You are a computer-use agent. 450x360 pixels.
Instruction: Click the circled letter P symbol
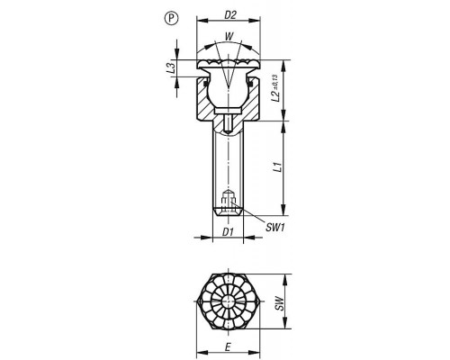pos(171,19)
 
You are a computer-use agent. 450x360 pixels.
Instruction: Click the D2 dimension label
pos(230,15)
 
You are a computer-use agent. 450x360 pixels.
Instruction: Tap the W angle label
pos(229,37)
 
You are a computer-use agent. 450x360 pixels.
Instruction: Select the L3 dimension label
pos(171,67)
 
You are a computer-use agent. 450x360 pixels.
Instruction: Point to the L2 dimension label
pos(275,95)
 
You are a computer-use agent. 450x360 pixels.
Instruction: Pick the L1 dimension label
pos(278,167)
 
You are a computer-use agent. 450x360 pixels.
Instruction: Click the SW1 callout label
pos(274,228)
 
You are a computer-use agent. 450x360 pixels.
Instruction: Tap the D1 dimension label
pos(228,231)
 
